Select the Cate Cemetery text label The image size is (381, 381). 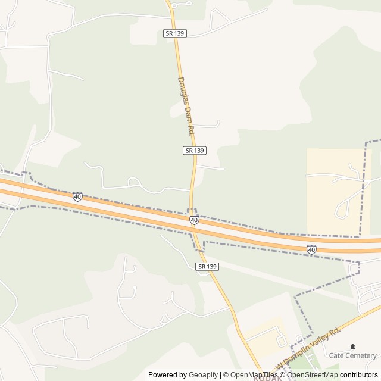pos(353,355)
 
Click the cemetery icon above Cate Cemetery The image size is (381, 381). pos(352,347)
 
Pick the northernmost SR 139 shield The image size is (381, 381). pos(176,33)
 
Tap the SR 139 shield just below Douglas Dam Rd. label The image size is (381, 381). pos(195,151)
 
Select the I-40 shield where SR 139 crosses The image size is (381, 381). pos(194,220)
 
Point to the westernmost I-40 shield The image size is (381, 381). pos(77,196)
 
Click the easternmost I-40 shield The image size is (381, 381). pos(311,249)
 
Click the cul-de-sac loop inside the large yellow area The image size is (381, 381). pos(342,210)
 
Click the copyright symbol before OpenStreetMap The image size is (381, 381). pos(283,375)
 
